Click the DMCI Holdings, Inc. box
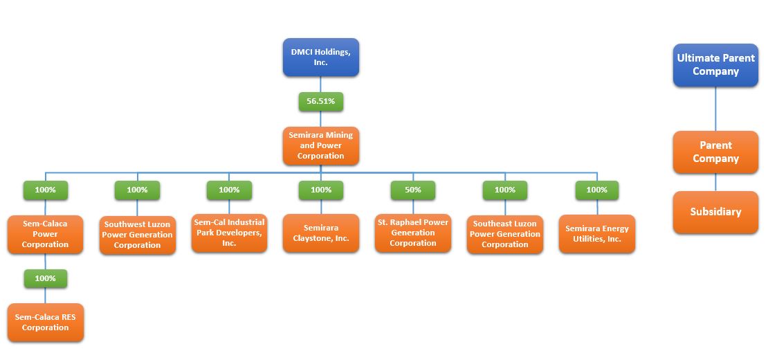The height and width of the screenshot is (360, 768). [x=321, y=57]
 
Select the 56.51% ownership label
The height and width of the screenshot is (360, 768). [x=321, y=102]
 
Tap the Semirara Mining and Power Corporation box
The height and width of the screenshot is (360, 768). [x=321, y=146]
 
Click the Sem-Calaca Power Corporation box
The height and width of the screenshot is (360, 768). [x=46, y=234]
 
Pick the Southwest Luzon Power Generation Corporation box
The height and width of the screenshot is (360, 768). [x=138, y=235]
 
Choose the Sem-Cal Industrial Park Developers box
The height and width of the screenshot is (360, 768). [x=229, y=233]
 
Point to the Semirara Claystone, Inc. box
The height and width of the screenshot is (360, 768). [x=321, y=233]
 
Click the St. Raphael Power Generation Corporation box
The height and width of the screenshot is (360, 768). [x=413, y=233]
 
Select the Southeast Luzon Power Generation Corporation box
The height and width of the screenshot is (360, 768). [x=505, y=235]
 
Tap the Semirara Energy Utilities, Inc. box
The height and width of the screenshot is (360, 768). [x=597, y=234]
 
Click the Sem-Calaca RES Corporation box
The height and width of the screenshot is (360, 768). [x=46, y=323]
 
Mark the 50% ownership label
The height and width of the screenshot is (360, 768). [x=413, y=190]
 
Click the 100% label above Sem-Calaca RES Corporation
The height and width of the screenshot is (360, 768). [x=46, y=279]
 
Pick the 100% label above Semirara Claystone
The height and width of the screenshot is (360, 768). [x=321, y=190]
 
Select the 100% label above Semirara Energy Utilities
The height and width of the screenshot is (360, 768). [x=597, y=190]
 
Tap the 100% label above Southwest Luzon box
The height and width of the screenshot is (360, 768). [x=138, y=190]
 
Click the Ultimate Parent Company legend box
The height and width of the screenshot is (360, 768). [x=715, y=65]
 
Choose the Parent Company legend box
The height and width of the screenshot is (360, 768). [x=715, y=152]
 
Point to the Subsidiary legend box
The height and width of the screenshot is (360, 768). [x=715, y=212]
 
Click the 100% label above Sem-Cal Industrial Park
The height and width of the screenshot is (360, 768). [x=229, y=190]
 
